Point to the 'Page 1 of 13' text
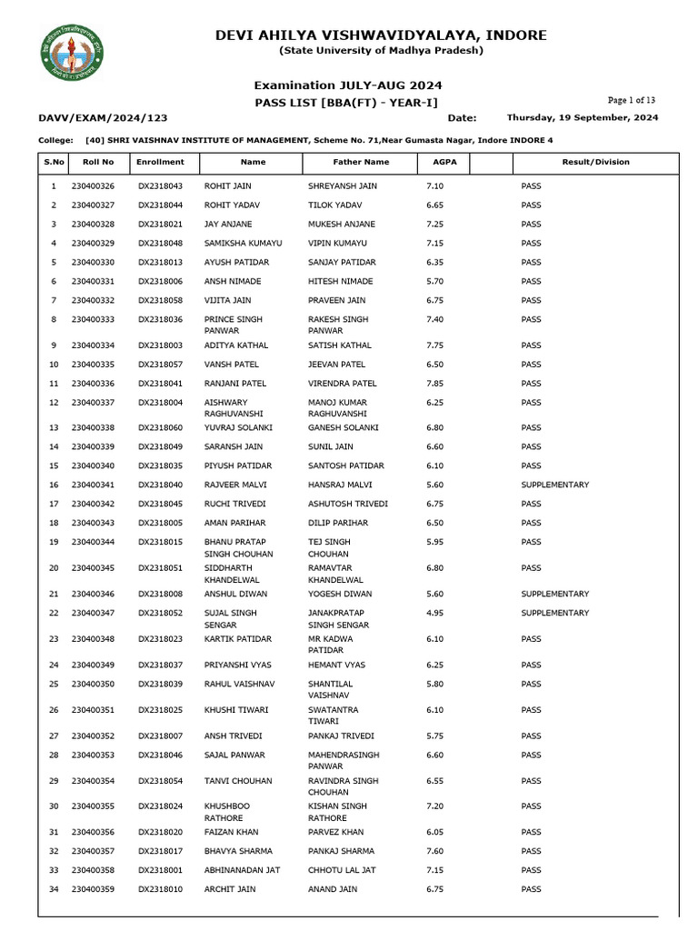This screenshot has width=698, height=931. pos(632,100)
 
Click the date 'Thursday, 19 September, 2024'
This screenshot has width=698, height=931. pos(582,117)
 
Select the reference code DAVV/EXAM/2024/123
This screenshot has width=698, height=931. pos(103,118)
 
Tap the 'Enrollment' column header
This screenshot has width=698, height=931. pos(160,162)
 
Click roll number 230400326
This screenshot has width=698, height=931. pos(93,185)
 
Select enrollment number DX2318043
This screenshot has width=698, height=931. pos(160,185)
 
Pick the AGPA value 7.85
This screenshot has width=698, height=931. pos(434,384)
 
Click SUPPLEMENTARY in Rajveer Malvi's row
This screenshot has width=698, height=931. pos(554,485)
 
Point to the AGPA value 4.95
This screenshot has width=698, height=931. pos(434,613)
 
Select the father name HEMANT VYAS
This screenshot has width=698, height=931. pos(336,665)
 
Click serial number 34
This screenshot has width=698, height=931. pos(54,889)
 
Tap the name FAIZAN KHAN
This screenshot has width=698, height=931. pos(231,832)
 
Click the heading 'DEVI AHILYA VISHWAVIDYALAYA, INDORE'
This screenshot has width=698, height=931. pos(381,35)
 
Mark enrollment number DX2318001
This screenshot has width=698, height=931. pos(160,870)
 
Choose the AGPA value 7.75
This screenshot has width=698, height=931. pos(434,345)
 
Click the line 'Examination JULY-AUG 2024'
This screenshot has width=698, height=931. pos(348,85)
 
